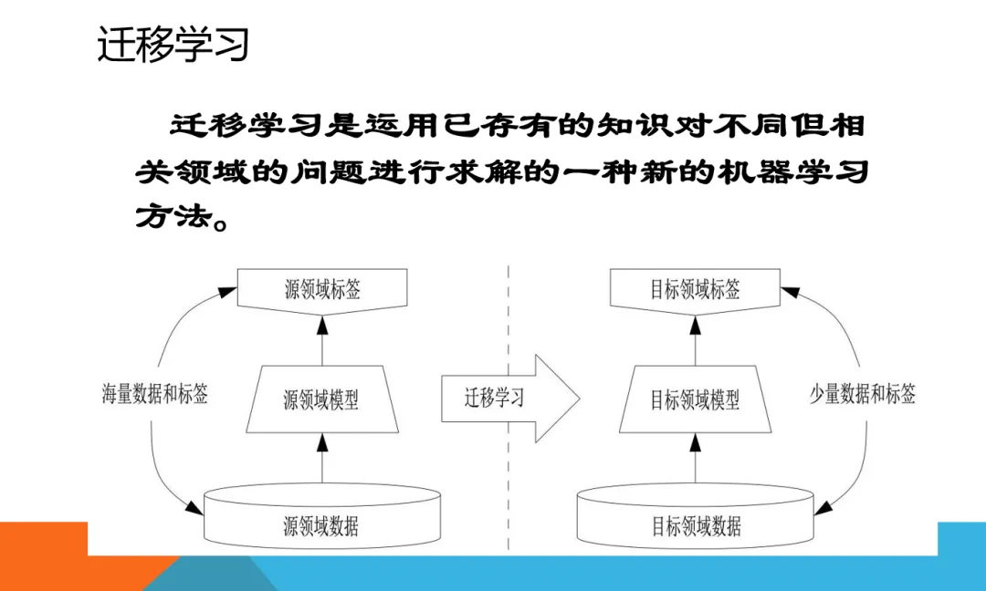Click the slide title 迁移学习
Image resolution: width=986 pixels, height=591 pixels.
pos(173,45)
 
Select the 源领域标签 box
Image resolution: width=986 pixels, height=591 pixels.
pos(321,290)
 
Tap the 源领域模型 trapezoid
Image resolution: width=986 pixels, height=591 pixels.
pos(321,399)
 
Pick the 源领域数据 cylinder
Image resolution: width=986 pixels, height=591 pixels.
pos(321,524)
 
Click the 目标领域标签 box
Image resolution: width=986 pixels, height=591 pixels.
pos(695,290)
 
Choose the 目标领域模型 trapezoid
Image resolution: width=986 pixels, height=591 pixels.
pos(695,399)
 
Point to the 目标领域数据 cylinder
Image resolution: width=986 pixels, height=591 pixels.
pos(696,524)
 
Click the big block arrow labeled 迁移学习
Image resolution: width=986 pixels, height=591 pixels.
pos(508,398)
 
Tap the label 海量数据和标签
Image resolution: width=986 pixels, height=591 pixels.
pos(154,394)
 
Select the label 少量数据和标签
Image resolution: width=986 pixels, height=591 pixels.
pos(863,394)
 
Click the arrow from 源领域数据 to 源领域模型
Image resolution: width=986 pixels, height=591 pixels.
pos(321,459)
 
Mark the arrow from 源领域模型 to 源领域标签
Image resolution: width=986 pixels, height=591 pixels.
pos(321,338)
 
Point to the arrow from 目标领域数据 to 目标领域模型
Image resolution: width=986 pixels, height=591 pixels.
pos(695,459)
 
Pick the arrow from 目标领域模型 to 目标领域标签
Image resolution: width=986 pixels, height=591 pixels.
pos(695,338)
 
